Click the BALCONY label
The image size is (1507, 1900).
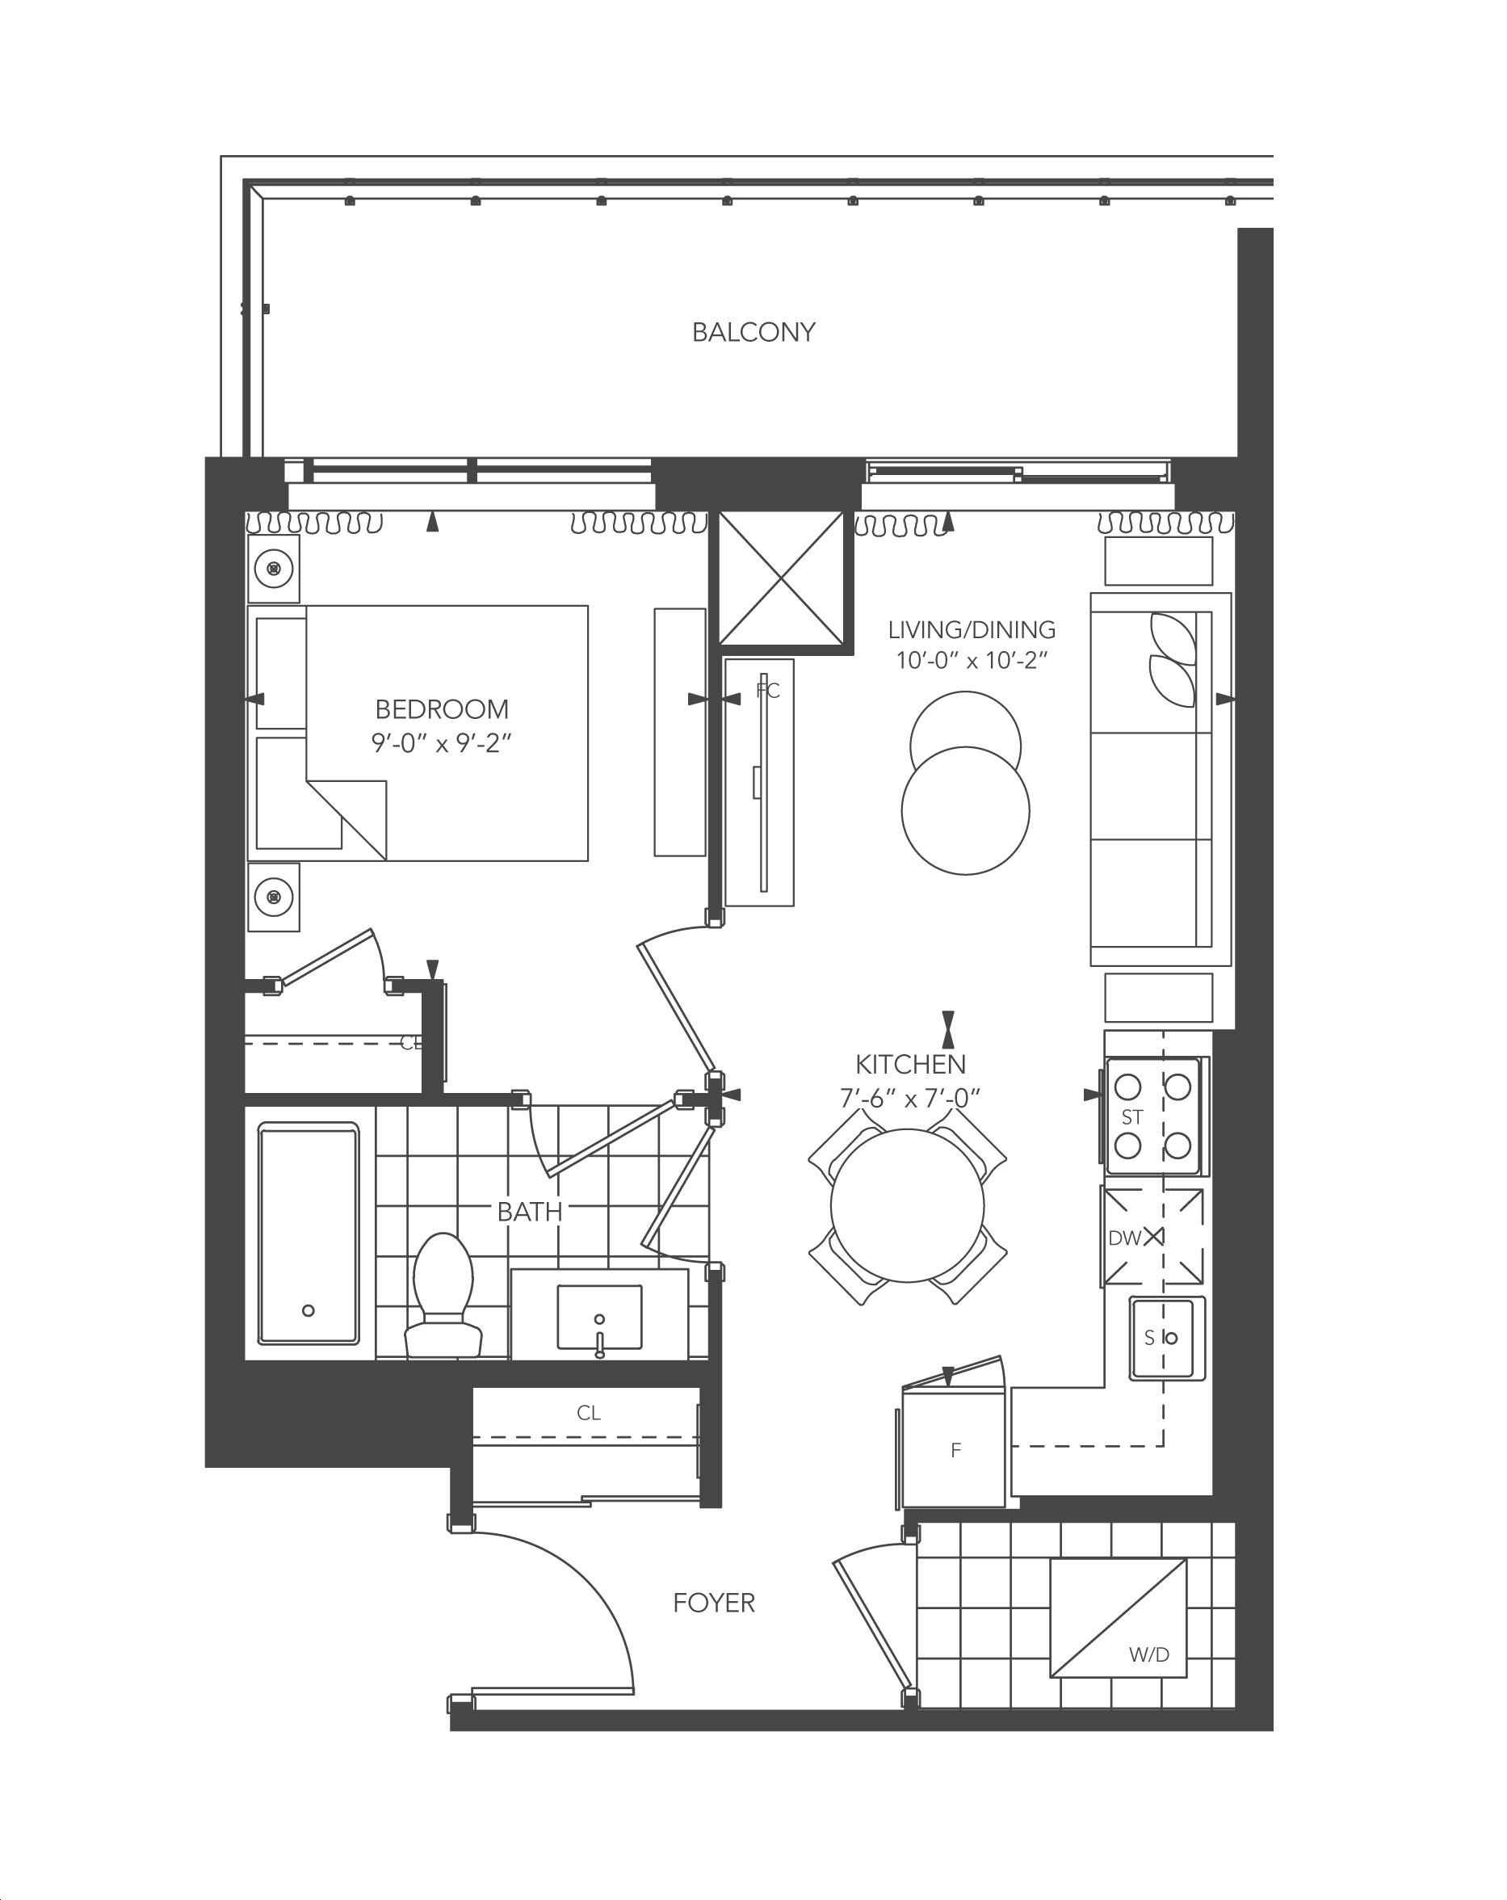pos(753,332)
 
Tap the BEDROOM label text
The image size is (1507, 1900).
pos(442,708)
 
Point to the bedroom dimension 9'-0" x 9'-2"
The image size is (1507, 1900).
pos(442,743)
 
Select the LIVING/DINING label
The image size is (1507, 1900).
pos(972,629)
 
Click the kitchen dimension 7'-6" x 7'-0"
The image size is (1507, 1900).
pos(910,1097)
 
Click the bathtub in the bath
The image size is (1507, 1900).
pos(309,1233)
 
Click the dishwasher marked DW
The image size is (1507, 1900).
pos(1152,1237)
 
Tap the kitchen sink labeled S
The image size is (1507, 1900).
pos(1167,1338)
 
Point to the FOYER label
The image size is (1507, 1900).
pos(714,1602)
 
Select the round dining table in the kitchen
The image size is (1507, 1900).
pos(907,1205)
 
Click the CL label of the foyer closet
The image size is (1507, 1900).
pos(589,1413)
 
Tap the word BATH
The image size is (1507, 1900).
pos(530,1211)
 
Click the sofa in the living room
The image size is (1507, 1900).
pos(1160,780)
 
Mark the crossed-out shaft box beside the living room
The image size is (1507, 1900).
pos(782,578)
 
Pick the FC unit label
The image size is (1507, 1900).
pos(767,690)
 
